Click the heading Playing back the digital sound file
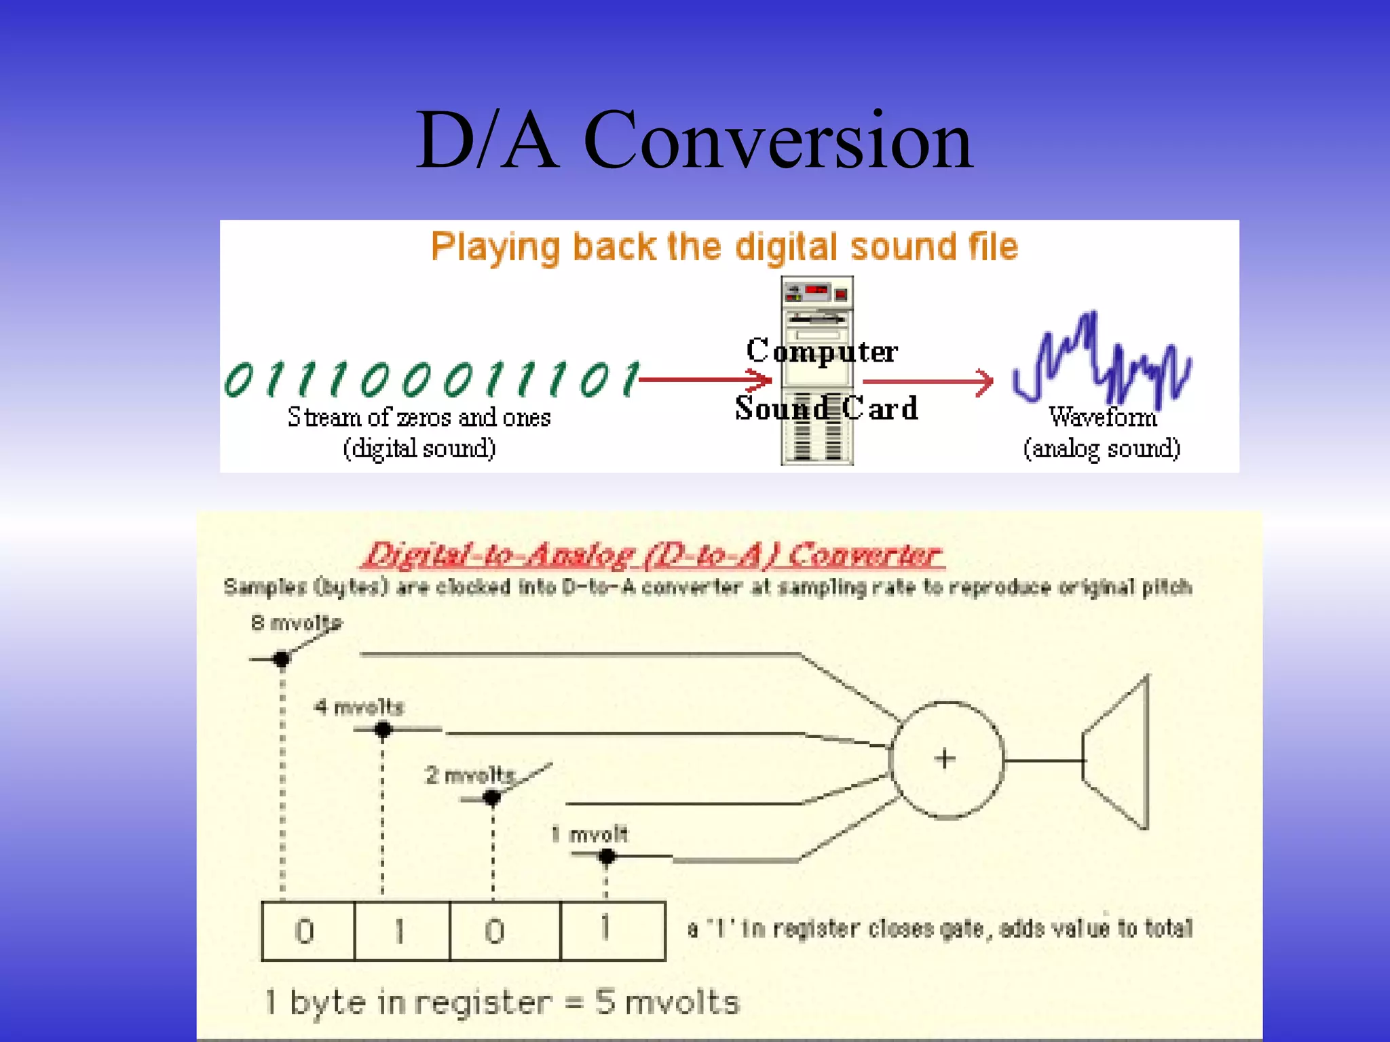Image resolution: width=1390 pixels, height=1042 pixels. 724,247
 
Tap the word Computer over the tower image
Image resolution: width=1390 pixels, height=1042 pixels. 822,351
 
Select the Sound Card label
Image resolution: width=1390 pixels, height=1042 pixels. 826,408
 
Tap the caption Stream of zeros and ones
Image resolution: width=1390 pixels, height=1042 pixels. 419,417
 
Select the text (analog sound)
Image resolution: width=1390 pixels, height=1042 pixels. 1101,448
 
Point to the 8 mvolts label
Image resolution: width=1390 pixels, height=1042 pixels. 296,623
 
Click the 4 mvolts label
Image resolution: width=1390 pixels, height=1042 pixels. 359,708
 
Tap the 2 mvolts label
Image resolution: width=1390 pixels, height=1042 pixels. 470,775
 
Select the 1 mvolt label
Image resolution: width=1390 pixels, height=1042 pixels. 590,834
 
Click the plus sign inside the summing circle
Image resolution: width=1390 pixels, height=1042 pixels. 945,758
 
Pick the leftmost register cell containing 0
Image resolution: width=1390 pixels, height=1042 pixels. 307,931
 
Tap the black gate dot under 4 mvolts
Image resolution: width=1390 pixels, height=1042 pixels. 383,730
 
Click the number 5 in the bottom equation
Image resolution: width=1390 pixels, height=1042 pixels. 605,1003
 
